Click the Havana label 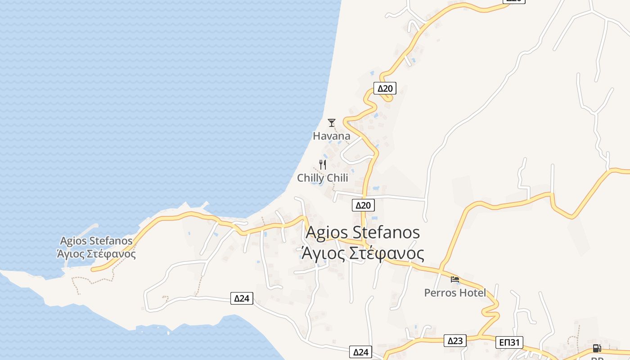click(332, 136)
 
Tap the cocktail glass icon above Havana click(332, 122)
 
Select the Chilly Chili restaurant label click(323, 178)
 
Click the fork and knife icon click(322, 165)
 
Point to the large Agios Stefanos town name click(363, 233)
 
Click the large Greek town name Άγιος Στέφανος click(363, 253)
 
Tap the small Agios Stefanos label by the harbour click(96, 241)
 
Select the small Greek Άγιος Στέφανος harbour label click(96, 254)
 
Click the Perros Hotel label click(455, 293)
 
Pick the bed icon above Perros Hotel click(455, 279)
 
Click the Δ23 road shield click(455, 341)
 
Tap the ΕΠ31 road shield click(510, 342)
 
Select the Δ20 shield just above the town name click(363, 205)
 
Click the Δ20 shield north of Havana click(385, 88)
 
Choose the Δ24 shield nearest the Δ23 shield click(361, 352)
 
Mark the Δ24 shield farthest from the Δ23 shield click(242, 298)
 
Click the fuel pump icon click(597, 348)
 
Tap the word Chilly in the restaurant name click(310, 178)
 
